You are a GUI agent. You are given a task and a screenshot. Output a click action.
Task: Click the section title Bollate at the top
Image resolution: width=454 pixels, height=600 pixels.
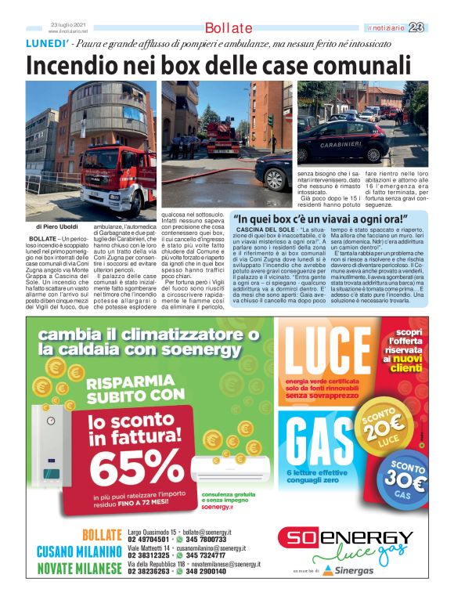tap(229, 27)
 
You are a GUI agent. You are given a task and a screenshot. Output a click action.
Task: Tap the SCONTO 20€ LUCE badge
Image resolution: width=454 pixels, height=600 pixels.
tap(389, 429)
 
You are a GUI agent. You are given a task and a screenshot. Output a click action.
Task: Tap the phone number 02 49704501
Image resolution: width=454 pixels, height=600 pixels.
tap(149, 540)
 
